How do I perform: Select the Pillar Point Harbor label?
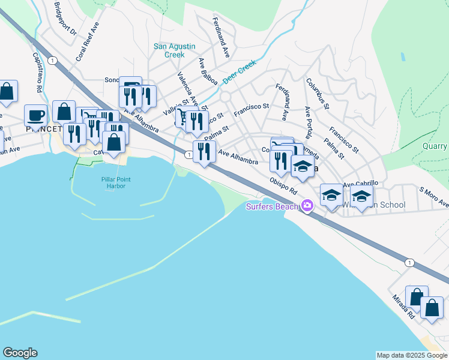pos(116,184)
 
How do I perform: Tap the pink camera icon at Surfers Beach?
pos(307,206)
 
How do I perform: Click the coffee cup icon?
pos(36,115)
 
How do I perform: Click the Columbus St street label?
pos(318,94)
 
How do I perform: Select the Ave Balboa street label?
pos(208,71)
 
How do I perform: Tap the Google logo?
pos(20,353)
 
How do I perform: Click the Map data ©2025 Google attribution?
pos(412,355)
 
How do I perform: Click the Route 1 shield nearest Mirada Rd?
pos(409,263)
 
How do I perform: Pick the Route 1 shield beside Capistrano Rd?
pos(53,61)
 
